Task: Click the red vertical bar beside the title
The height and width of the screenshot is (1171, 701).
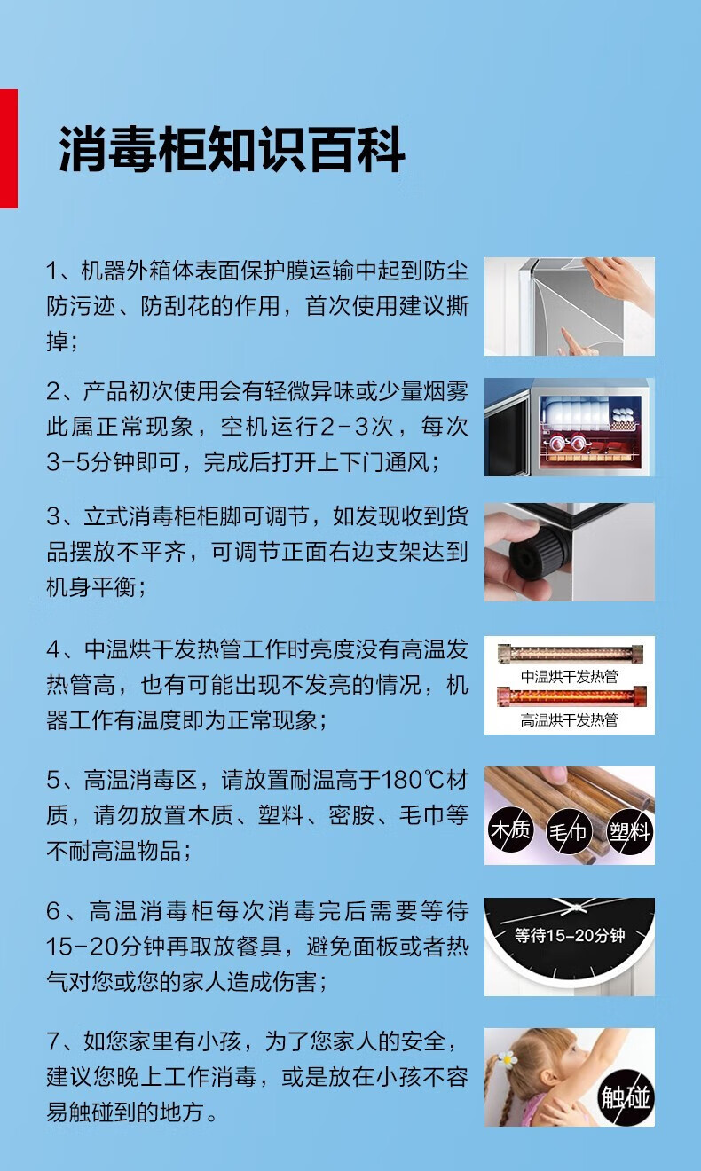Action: click(x=8, y=148)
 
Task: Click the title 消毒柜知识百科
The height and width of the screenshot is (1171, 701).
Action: click(x=232, y=149)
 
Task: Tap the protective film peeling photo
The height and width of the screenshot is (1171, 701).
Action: click(x=570, y=306)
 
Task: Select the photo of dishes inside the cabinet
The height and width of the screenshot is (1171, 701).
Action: click(x=570, y=427)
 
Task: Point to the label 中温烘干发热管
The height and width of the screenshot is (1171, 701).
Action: click(x=570, y=677)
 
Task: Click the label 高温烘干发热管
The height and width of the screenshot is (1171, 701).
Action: click(x=570, y=720)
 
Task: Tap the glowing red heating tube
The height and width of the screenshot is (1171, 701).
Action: click(x=571, y=696)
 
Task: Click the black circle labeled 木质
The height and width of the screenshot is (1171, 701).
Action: click(x=510, y=829)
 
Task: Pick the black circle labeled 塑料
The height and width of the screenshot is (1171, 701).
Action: click(x=629, y=832)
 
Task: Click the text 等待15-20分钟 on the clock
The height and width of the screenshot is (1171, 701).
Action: click(x=570, y=935)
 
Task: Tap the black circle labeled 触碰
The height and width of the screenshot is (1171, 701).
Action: click(x=626, y=1097)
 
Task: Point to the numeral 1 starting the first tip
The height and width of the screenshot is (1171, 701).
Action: click(x=51, y=271)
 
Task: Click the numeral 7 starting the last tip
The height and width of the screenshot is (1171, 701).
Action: click(x=53, y=1042)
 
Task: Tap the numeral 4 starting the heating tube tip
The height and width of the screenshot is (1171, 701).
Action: click(x=54, y=649)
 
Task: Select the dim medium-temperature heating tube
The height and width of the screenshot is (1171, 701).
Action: click(x=571, y=653)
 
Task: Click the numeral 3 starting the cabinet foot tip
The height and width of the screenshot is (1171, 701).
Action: click(x=53, y=517)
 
